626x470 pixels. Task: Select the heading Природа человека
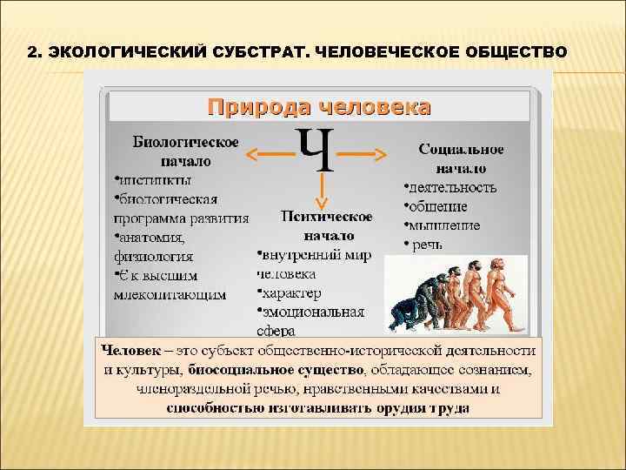tap(318, 107)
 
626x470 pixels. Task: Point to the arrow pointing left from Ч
tap(270, 154)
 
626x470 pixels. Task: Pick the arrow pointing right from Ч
tap(362, 154)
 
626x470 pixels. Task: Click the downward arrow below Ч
tap(322, 191)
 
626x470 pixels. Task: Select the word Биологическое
tap(185, 141)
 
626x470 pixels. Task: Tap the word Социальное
tap(462, 150)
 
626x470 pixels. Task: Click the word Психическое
tap(328, 217)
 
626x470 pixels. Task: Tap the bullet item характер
tap(291, 293)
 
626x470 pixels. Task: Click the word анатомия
tap(150, 238)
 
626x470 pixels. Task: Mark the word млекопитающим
tap(170, 294)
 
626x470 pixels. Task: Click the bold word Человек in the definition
tap(131, 350)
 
